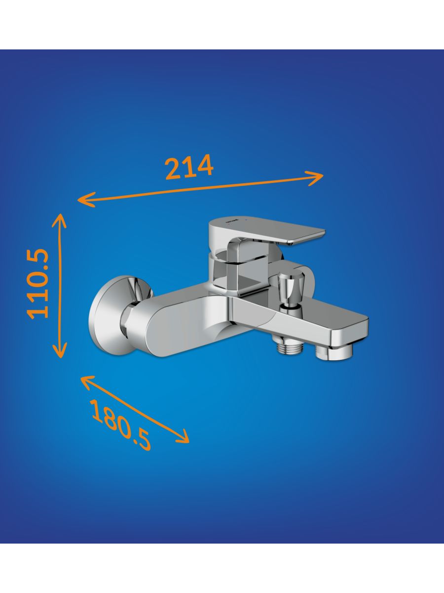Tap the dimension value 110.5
coord(38,284)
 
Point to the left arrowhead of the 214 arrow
coord(85,200)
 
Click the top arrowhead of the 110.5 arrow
coord(60,220)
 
